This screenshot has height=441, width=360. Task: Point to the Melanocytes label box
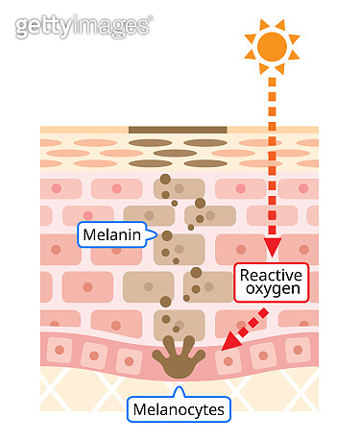[x=180, y=410]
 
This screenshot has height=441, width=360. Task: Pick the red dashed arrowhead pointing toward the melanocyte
[x=228, y=345]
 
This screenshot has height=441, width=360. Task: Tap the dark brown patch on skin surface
[x=178, y=129]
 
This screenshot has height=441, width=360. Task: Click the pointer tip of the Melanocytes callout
[x=180, y=390]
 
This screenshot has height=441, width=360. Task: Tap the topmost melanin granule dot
[x=165, y=179]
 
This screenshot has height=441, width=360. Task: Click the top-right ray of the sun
[x=291, y=29]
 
